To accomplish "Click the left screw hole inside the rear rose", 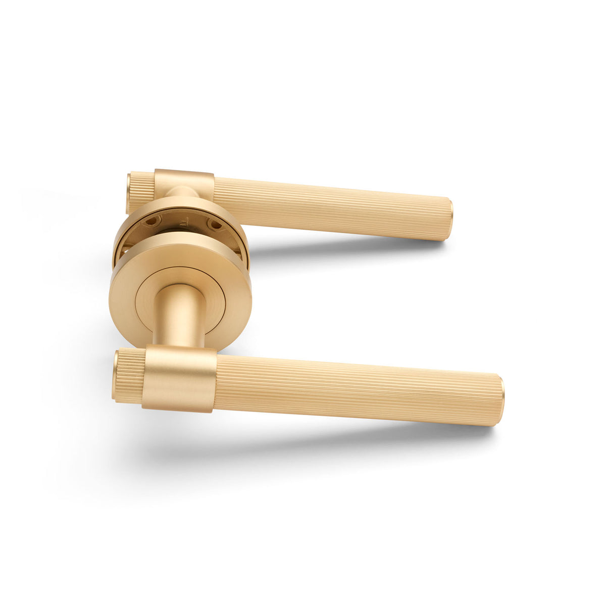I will tap(152, 221).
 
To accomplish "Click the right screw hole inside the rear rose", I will tap(214, 223).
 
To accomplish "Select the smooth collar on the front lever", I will tap(180, 379).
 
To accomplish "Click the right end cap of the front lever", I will tap(499, 400).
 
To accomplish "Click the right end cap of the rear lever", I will tap(449, 220).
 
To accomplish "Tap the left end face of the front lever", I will tap(115, 374).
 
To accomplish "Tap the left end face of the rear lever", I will tap(128, 192).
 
